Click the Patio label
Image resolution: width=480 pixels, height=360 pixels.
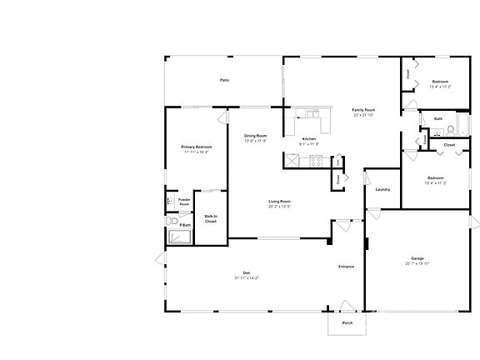224,80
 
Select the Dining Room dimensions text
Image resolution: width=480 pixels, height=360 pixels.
255,141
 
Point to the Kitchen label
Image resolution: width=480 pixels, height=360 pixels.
308,138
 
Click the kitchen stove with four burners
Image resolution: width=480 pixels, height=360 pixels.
316,161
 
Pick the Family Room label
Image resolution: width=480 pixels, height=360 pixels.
362,110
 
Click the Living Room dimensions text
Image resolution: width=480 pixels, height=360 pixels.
279,206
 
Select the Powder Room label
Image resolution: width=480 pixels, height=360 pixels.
184,202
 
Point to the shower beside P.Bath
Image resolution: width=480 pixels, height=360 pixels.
181,236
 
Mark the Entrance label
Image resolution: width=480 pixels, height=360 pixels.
346,267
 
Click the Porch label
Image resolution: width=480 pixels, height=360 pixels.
347,322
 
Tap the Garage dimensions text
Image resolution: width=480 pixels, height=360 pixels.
417,263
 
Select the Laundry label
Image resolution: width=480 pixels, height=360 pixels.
382,189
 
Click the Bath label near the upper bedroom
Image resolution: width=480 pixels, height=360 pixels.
438,118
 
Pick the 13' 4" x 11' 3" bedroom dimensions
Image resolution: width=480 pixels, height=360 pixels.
436,183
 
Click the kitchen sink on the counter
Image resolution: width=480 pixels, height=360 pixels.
313,114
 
